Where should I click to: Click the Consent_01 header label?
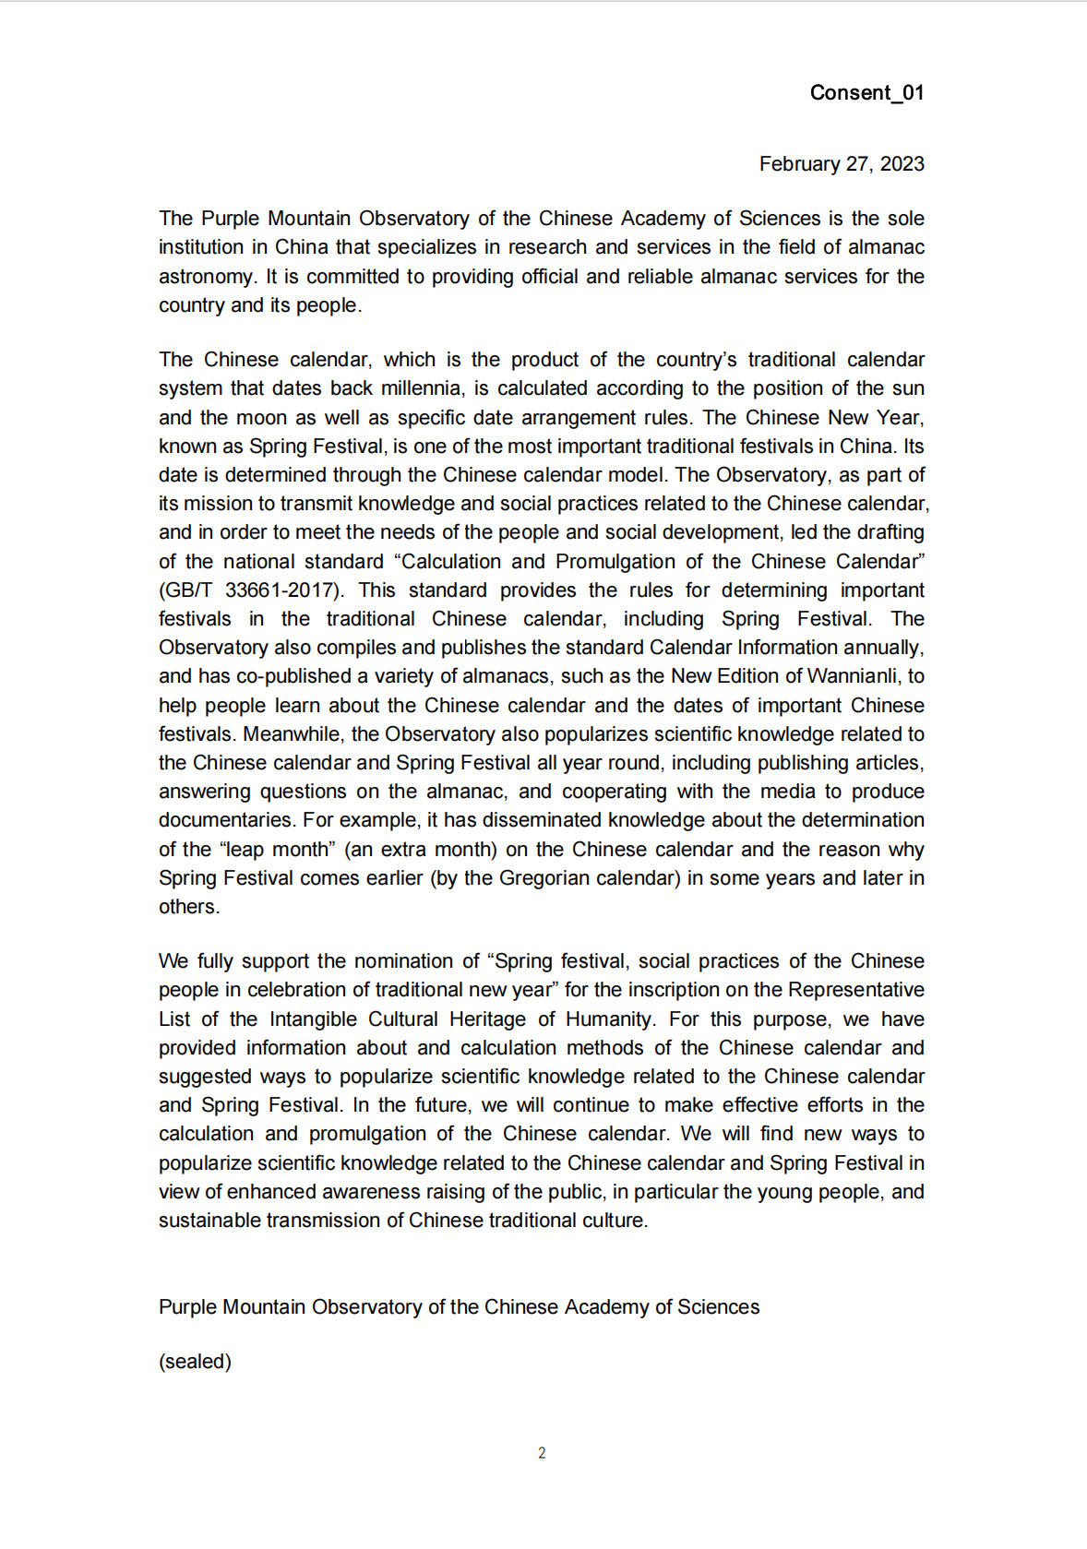866,92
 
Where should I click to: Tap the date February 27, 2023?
841,164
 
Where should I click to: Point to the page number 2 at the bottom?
542,1453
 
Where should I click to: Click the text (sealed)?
195,1362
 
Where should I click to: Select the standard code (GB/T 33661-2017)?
251,590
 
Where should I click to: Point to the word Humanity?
609,1019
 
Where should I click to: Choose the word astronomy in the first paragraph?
204,277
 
